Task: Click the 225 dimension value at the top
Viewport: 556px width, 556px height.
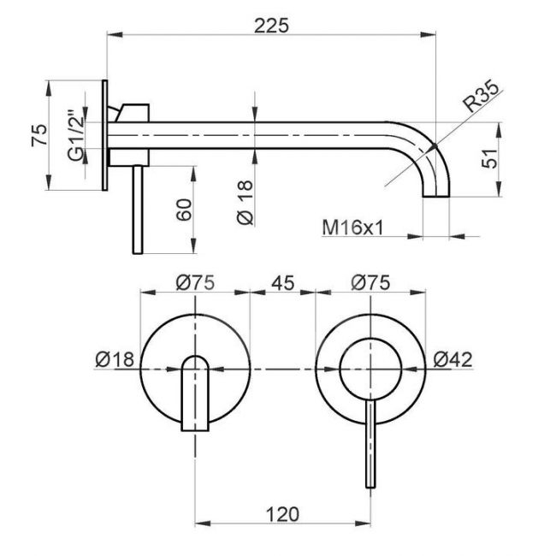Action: pos(271,26)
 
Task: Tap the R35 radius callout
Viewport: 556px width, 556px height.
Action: pos(482,96)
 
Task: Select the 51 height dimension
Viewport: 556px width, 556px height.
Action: pos(489,158)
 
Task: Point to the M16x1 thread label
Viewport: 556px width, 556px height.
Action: pos(352,228)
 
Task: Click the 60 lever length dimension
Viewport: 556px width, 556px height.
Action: pos(185,210)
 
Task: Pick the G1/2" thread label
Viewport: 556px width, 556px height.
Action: pos(76,136)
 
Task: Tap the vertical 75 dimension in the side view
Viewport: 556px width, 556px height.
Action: pos(39,135)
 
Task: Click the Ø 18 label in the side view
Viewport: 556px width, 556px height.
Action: pos(245,203)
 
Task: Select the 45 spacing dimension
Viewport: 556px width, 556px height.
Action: pos(282,283)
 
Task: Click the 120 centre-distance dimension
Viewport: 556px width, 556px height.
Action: pos(282,514)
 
